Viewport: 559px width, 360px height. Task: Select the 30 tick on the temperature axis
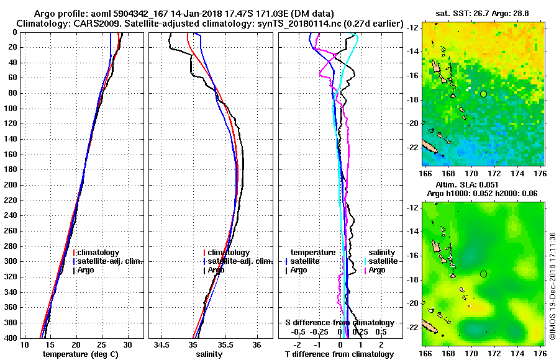coord(127,345)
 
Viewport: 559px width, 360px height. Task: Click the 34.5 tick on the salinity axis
coord(163,345)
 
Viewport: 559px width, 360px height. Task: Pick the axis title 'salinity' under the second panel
coord(209,354)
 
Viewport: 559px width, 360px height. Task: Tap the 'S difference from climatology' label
coord(340,323)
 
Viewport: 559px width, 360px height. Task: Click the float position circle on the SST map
coord(483,94)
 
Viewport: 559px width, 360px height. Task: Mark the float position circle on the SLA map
coord(483,274)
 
